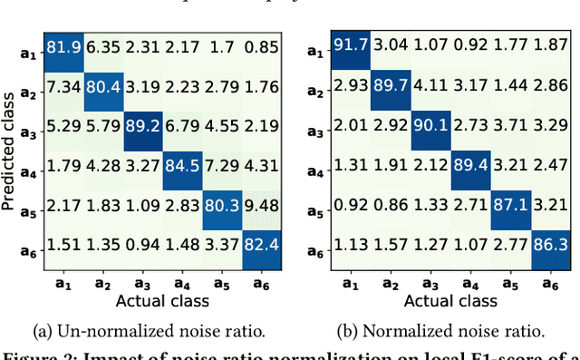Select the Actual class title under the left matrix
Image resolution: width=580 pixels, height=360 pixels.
coord(161,300)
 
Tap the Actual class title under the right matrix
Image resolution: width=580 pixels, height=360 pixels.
coord(450,300)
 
